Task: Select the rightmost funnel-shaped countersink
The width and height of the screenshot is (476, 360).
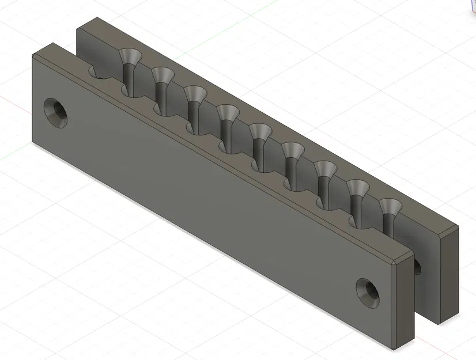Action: [x=390, y=206]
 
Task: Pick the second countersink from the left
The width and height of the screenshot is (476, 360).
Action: [x=164, y=74]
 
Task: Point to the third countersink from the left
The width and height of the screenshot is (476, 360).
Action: [x=196, y=93]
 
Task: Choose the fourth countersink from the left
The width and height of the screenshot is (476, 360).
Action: [x=228, y=112]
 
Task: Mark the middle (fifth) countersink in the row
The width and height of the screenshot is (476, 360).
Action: [x=261, y=131]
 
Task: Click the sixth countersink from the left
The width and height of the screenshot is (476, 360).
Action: [x=293, y=151]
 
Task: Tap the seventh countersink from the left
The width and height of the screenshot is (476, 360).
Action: [x=326, y=169]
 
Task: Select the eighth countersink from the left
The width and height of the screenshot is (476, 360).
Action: [x=358, y=188]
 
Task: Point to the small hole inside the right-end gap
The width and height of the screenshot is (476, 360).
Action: [x=417, y=266]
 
